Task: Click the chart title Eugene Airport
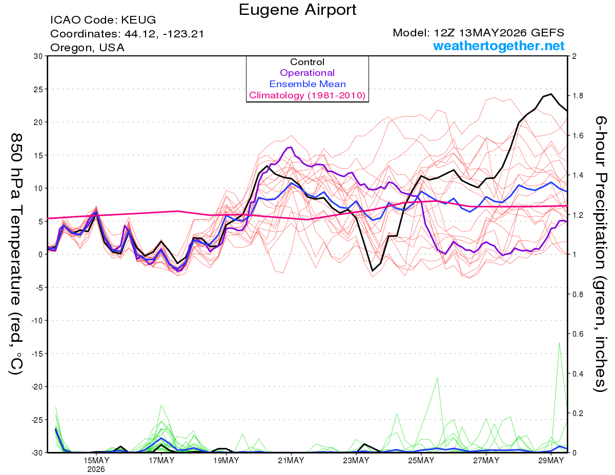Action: [297, 10]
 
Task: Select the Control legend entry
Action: [307, 62]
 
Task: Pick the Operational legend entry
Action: [307, 73]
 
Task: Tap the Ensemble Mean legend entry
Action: [307, 84]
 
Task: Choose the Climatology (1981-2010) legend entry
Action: [307, 95]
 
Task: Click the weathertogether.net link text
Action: [499, 46]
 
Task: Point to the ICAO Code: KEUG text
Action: [103, 20]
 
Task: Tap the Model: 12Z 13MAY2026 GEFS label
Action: [478, 33]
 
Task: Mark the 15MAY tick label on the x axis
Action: [96, 460]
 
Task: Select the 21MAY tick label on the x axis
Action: [291, 460]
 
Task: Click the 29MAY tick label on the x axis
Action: [551, 460]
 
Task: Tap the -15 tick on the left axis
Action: [37, 354]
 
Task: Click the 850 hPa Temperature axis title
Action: [16, 254]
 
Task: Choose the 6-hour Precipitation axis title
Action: [600, 254]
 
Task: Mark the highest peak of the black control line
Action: [551, 94]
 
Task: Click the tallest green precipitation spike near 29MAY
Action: [559, 343]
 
